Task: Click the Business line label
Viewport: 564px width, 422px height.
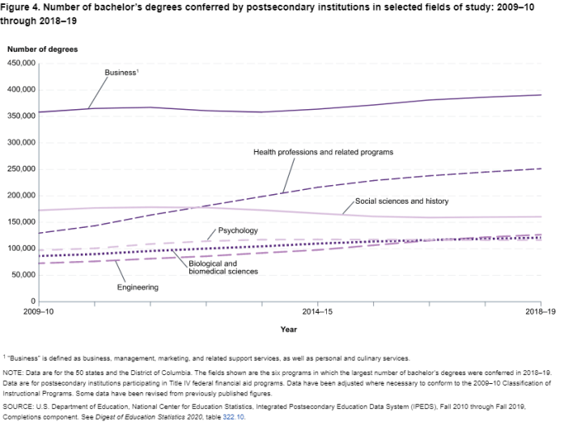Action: pos(122,72)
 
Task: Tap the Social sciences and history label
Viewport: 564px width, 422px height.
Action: pos(402,200)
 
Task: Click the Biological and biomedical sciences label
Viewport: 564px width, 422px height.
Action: pos(223,267)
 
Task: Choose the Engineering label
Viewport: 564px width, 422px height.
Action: pos(138,287)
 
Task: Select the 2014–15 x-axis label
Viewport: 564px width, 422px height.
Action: pos(316,310)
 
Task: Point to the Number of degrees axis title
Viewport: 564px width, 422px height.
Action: pos(43,49)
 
